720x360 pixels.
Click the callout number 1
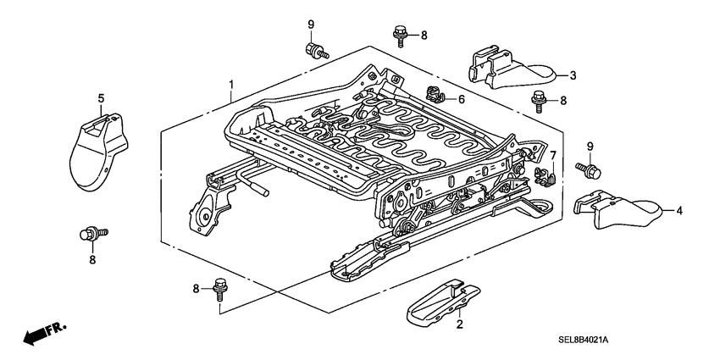click(230, 85)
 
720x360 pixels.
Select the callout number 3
click(573, 75)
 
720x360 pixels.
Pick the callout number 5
click(101, 98)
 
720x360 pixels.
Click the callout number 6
click(461, 99)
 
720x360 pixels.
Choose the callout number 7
click(551, 156)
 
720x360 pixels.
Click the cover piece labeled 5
click(97, 152)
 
